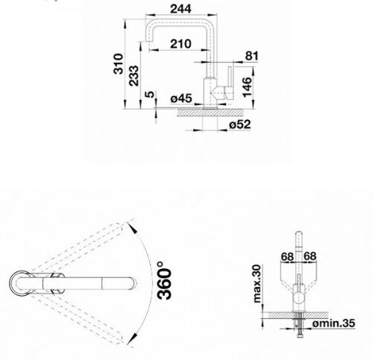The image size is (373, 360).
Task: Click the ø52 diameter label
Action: click(x=239, y=125)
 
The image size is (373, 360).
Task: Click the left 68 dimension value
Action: click(x=286, y=257)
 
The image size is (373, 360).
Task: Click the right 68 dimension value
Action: click(x=310, y=257)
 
